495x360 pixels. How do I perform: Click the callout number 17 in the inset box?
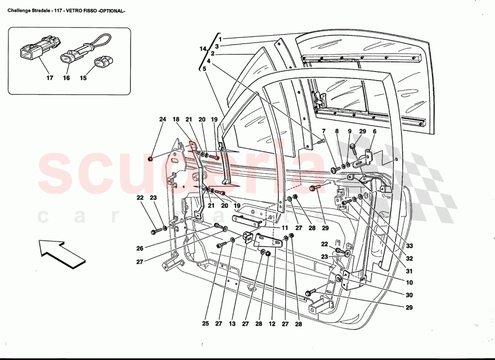click(x=49, y=78)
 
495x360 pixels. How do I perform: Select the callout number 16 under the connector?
click(x=66, y=78)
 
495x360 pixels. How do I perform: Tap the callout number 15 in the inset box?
click(x=83, y=78)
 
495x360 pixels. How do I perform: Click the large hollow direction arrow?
click(x=62, y=254)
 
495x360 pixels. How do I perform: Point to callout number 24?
click(x=162, y=120)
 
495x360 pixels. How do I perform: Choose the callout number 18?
click(x=176, y=120)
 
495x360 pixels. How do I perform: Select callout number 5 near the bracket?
click(x=204, y=69)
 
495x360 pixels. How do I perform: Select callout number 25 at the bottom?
click(x=206, y=324)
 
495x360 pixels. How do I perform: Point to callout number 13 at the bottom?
click(x=232, y=324)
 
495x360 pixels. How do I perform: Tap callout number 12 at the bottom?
click(x=272, y=324)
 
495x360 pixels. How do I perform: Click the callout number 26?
click(x=140, y=248)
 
